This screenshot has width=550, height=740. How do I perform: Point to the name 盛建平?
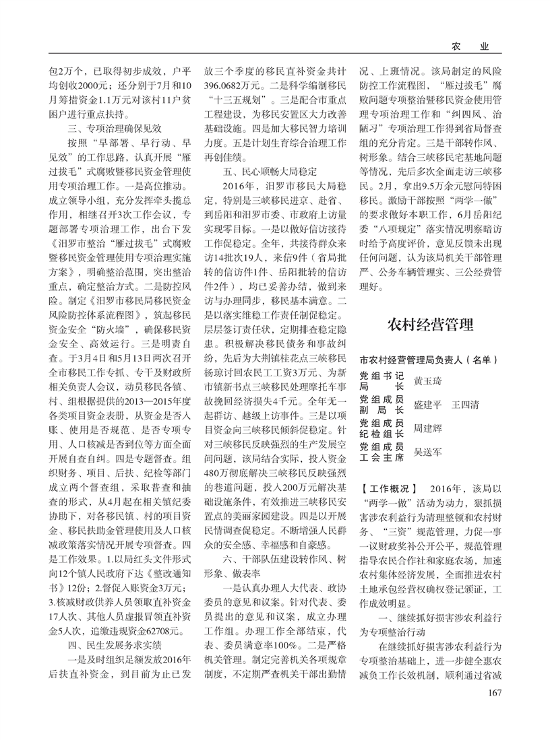coord(427,405)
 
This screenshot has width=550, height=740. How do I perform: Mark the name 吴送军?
coord(427,452)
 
